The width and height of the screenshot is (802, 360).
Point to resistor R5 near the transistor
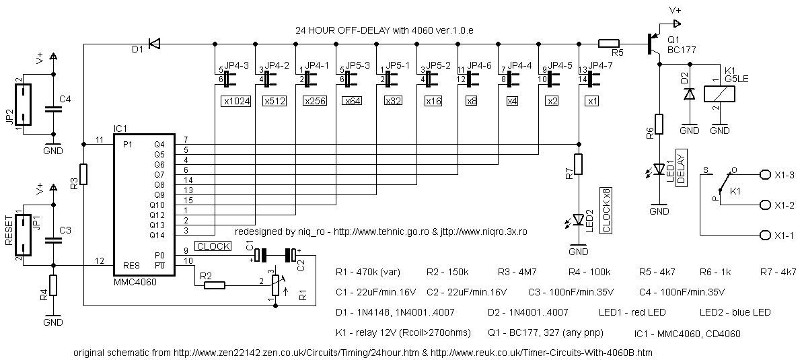(609, 44)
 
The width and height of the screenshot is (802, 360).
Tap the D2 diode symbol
(688, 94)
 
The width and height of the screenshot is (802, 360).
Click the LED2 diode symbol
(578, 219)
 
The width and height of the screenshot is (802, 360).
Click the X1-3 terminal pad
(765, 174)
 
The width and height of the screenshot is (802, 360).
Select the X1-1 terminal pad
(765, 235)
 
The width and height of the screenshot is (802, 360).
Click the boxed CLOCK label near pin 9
(213, 246)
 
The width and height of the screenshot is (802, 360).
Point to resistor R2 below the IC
(214, 285)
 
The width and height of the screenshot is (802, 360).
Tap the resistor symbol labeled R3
(83, 174)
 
